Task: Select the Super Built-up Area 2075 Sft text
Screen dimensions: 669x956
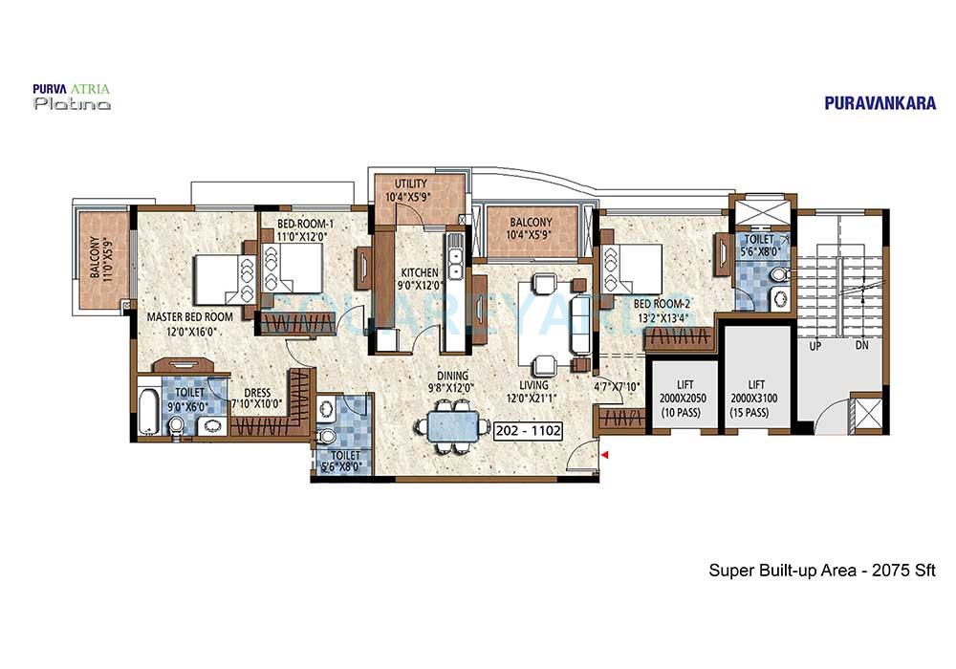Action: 821,571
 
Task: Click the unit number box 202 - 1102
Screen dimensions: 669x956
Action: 528,431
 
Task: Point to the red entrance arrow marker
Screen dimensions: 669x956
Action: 604,457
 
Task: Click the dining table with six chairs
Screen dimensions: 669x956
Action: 447,424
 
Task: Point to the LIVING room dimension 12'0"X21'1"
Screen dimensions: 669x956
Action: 534,399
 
